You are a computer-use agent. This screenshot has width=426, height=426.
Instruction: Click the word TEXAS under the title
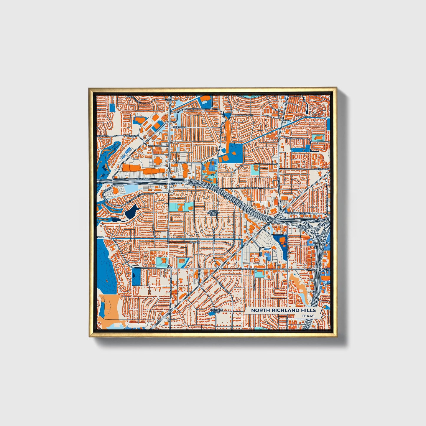[308, 316]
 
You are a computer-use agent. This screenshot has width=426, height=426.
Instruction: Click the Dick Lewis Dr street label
[180, 162]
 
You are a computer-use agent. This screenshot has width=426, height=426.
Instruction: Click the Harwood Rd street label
[321, 169]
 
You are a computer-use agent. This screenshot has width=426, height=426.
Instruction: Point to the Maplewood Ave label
[249, 188]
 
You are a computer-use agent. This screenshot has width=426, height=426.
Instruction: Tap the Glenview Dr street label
[244, 269]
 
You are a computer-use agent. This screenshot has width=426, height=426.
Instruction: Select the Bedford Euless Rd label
[300, 213]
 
